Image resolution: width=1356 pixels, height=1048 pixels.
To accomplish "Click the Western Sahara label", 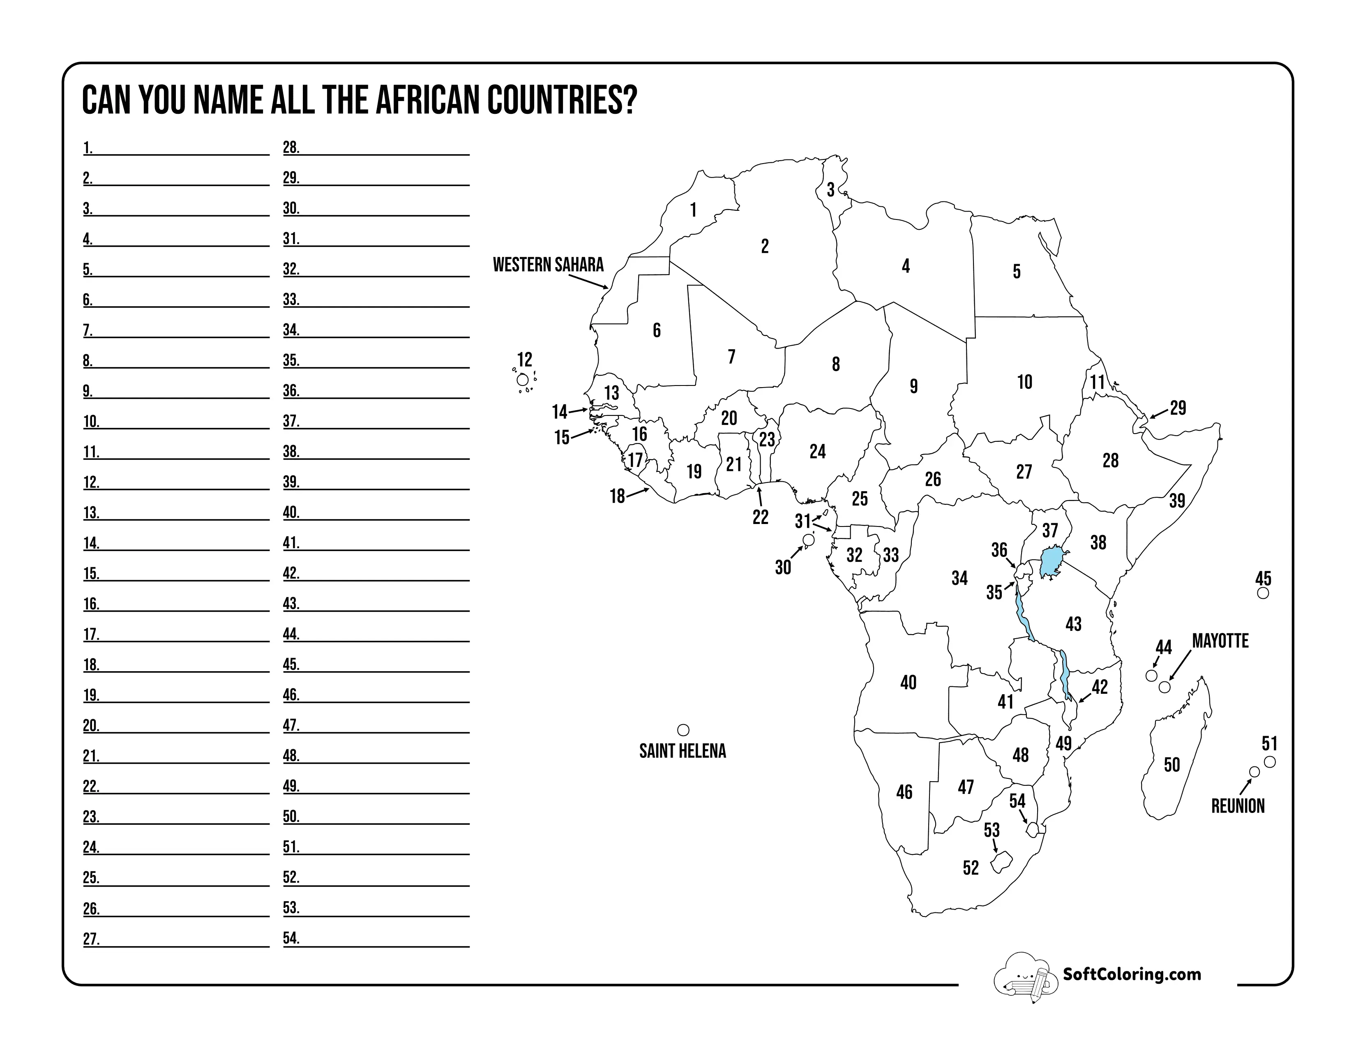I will pos(548,265).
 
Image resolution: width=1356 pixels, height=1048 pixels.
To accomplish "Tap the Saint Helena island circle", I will pos(683,729).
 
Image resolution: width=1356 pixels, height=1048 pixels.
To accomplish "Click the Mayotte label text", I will pos(1220,641).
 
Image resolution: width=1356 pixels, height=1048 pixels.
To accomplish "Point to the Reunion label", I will pos(1237,806).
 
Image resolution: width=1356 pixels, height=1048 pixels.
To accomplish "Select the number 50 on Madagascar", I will pos(1172,764).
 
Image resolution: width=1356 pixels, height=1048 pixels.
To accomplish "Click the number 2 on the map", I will pos(765,247).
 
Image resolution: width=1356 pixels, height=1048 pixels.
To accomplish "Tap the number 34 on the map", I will pos(959,578).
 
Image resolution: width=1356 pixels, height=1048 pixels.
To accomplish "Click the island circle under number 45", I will pos(1262,593).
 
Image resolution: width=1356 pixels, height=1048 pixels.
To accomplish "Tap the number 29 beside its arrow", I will pos(1178,408).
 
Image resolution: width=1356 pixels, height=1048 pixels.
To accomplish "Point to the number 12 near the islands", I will pos(525,360).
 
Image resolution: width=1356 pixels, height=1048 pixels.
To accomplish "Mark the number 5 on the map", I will pos(1016,271).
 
